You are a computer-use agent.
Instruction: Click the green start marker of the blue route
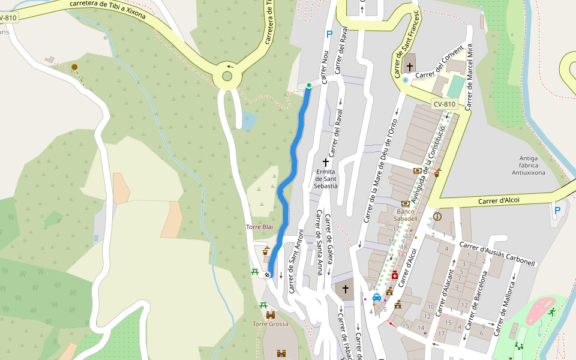click(308, 85)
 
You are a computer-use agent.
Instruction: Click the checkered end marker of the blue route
click(267, 275)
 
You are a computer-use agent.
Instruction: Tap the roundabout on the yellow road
click(227, 76)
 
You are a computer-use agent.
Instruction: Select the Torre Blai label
click(259, 227)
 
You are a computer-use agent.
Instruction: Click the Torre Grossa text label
click(270, 324)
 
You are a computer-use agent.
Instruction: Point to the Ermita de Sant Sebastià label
click(327, 179)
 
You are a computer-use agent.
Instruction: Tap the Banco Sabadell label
click(406, 215)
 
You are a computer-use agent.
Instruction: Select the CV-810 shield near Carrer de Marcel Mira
click(445, 104)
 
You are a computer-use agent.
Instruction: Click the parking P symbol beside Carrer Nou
click(329, 35)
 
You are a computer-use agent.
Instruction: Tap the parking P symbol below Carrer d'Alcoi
click(557, 211)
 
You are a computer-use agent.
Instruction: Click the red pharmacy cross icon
click(394, 275)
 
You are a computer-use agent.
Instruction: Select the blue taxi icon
click(377, 297)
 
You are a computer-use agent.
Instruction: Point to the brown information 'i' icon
click(437, 216)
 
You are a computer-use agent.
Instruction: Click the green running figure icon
click(551, 312)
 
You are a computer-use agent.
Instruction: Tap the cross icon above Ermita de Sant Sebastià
click(326, 163)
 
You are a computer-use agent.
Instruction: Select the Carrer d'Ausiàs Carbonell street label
click(496, 254)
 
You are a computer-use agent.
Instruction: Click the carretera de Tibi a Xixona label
click(107, 9)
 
